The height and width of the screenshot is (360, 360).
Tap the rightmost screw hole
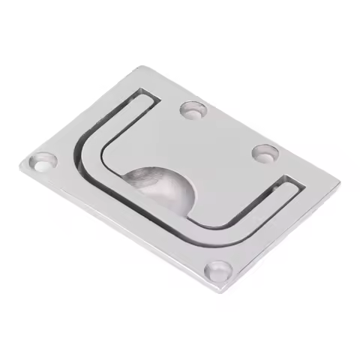click(x=265, y=153)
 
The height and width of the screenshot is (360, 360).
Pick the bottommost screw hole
click(x=218, y=270)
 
